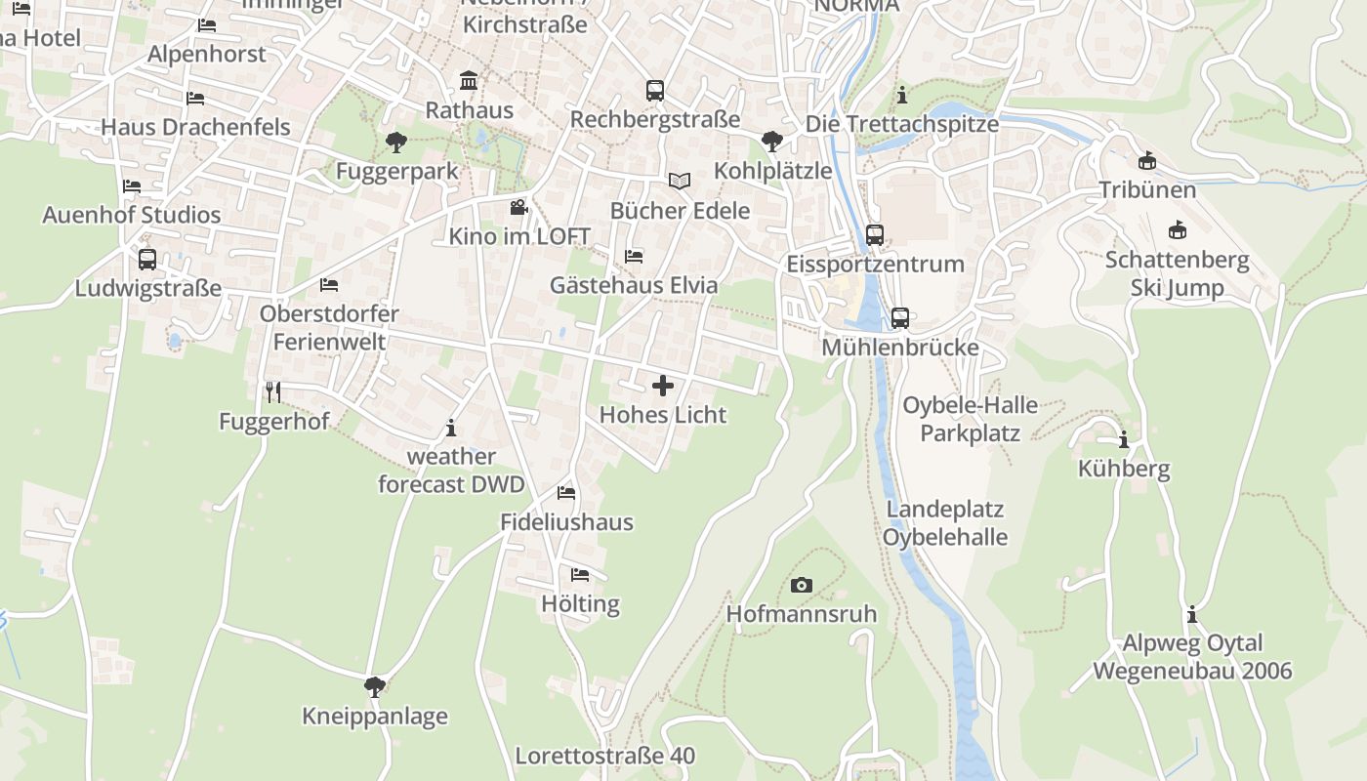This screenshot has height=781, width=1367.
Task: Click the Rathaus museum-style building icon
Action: tap(469, 80)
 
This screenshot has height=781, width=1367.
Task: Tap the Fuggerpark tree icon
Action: tap(395, 143)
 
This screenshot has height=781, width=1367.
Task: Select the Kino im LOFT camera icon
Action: tap(518, 208)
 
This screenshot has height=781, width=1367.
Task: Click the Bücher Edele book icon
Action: tap(680, 182)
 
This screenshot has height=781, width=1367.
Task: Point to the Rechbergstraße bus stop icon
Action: tap(655, 91)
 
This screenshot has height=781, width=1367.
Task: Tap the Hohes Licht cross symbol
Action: tap(663, 386)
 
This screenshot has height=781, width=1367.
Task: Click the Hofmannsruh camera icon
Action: tap(802, 585)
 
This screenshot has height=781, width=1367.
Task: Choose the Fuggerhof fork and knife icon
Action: tap(273, 392)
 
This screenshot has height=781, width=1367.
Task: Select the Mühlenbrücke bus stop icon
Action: tap(900, 318)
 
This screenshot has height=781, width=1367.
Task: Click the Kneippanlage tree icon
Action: tap(374, 687)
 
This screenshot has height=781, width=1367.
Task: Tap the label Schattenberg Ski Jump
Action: tap(1177, 274)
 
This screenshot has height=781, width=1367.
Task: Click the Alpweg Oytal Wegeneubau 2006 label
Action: tap(1192, 657)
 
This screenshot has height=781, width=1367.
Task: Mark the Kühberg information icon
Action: tap(1124, 439)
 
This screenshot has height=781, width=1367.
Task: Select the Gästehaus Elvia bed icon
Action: tap(634, 257)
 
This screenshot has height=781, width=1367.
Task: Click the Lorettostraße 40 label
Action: tap(605, 756)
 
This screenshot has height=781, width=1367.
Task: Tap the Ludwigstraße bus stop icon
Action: tap(147, 260)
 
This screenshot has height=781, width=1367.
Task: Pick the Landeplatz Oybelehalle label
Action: tap(945, 523)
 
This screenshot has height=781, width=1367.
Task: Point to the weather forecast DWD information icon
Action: tap(451, 428)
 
